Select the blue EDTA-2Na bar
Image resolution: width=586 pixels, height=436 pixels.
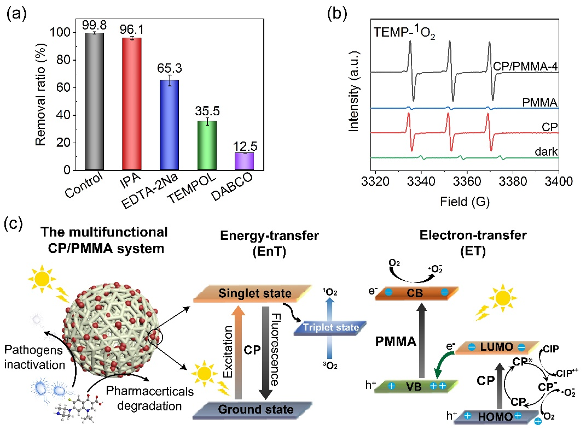coord(170,125)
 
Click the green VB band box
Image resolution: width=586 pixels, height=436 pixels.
coord(414,385)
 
